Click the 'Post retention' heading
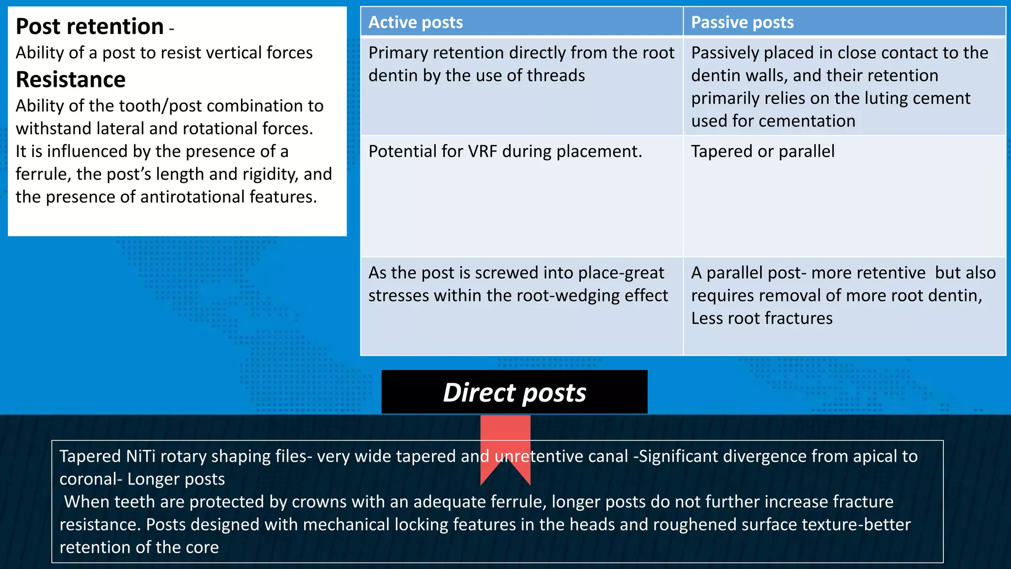pyautogui.click(x=89, y=27)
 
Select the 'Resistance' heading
pyautogui.click(x=71, y=80)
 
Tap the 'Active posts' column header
pyautogui.click(x=416, y=22)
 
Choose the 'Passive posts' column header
pyautogui.click(x=742, y=22)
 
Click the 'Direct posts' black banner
pyautogui.click(x=514, y=392)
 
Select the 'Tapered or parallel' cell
pyautogui.click(x=763, y=151)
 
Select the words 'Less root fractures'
pyautogui.click(x=762, y=319)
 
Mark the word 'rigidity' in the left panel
pyautogui.click(x=264, y=174)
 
